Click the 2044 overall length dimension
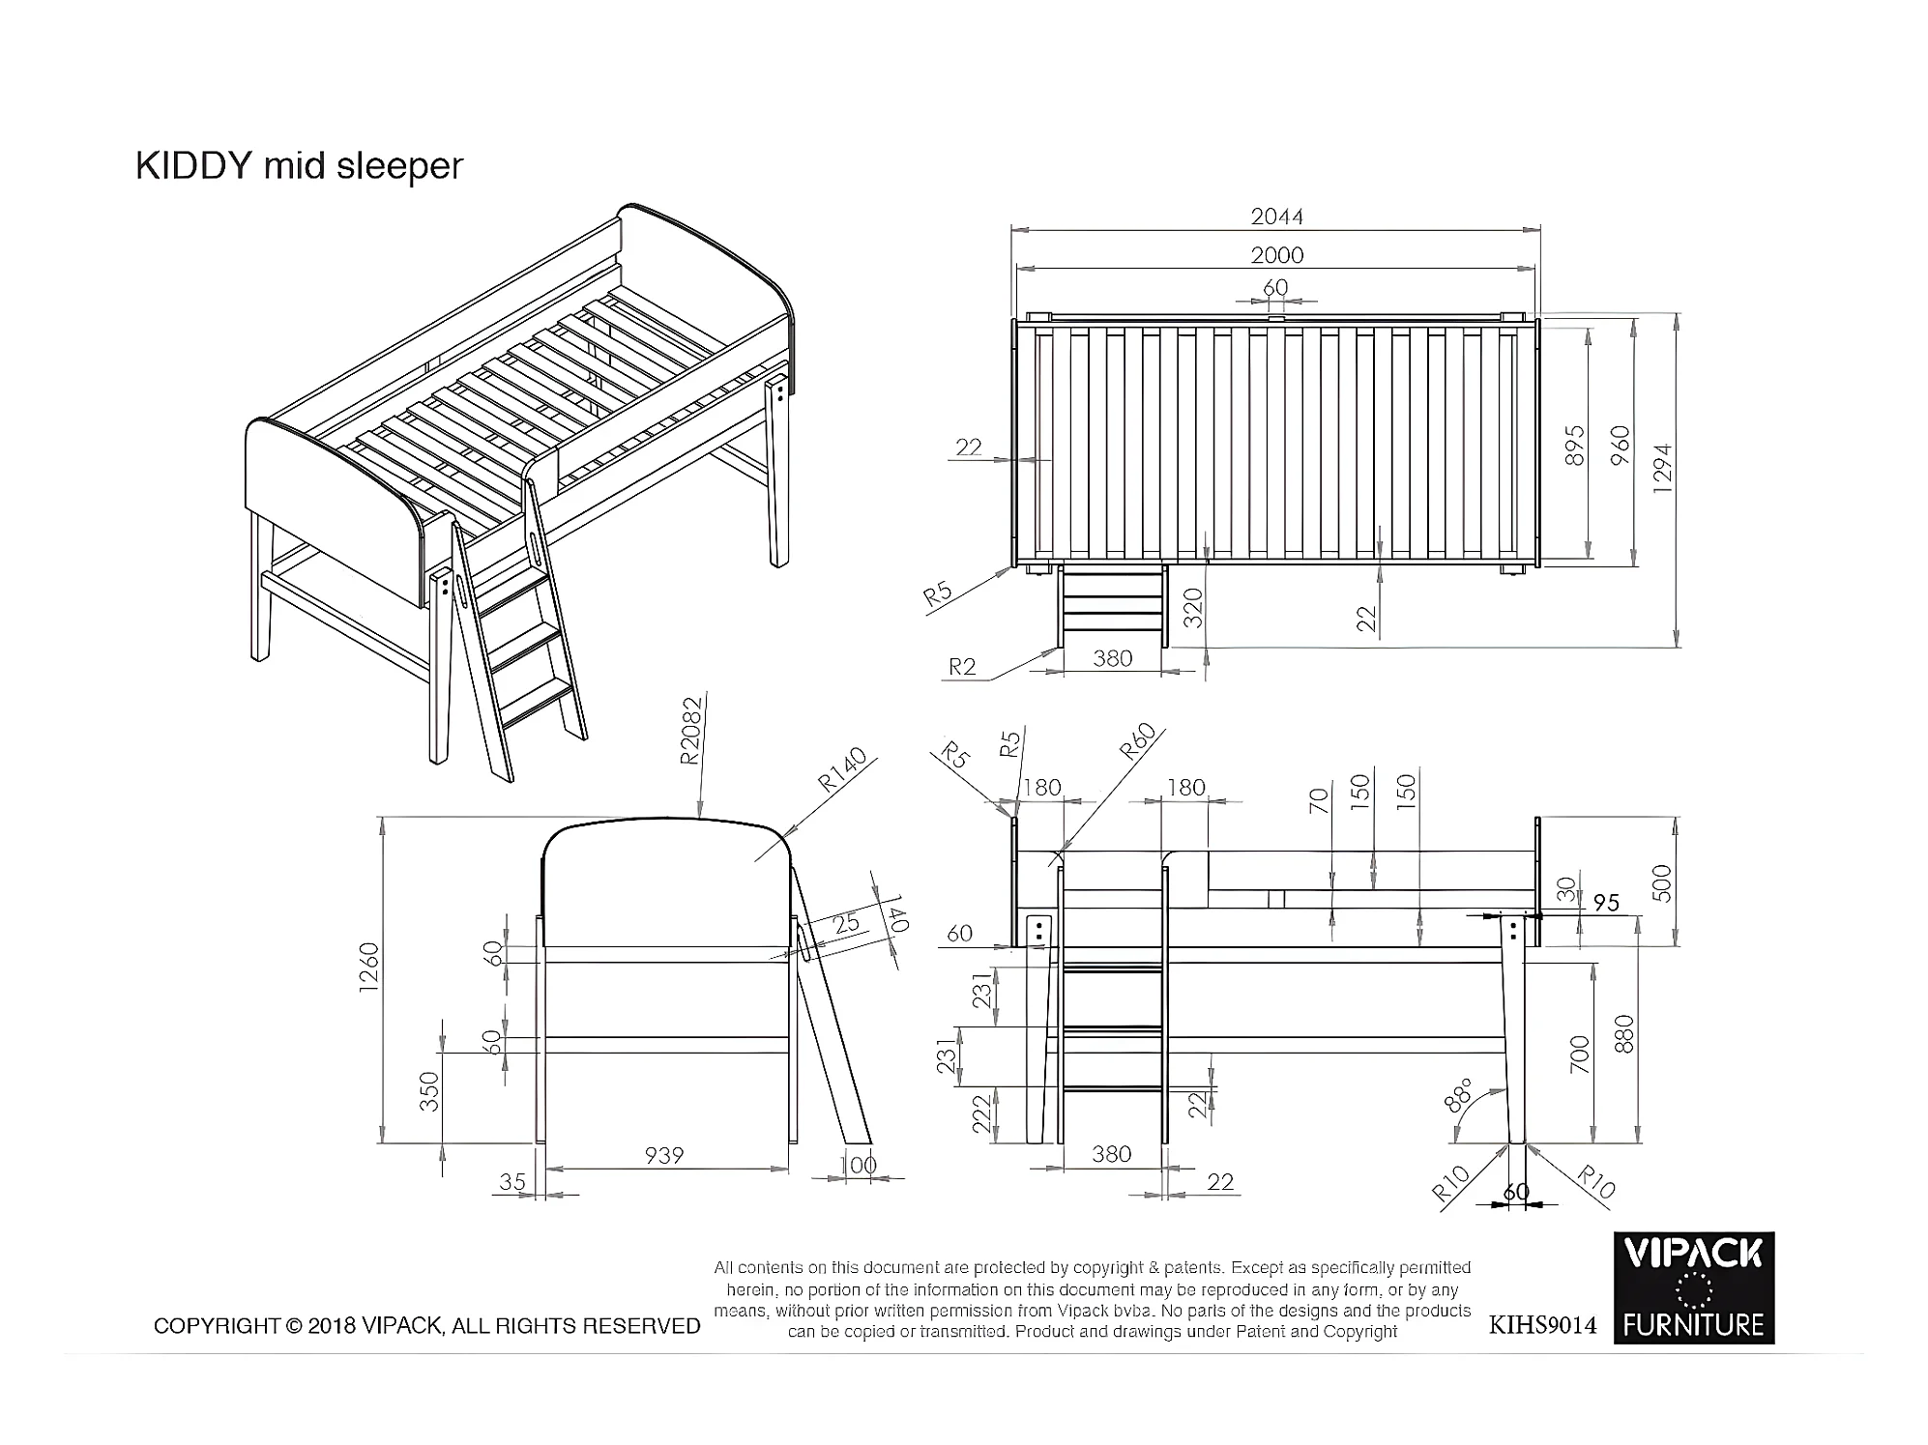pos(1276,217)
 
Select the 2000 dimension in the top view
pos(1276,255)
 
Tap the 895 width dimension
pos(1575,446)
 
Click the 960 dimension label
pos(1621,446)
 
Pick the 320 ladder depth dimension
pos(1194,608)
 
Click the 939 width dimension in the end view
pos(664,1155)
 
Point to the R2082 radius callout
pos(689,731)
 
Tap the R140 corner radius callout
pos(841,770)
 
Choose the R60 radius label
pos(1137,741)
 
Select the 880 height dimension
pos(1623,1034)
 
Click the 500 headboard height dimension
pos(1661,883)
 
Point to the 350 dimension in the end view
pos(429,1091)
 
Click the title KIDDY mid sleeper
pos(299,166)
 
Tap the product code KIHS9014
pos(1542,1325)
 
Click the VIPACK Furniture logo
pos(1693,1287)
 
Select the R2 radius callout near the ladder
pos(962,666)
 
